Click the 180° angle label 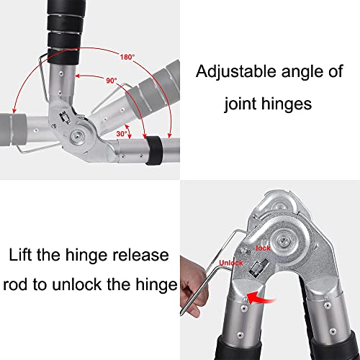[x=127, y=57]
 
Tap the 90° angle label [x=112, y=81]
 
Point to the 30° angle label [x=122, y=134]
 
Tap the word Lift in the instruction [x=20, y=255]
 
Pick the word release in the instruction [x=141, y=255]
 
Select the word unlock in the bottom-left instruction [x=77, y=284]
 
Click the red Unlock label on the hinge [x=231, y=263]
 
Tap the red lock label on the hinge [x=263, y=248]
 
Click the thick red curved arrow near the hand [x=259, y=297]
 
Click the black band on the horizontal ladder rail [x=154, y=150]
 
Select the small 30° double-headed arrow [x=128, y=132]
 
